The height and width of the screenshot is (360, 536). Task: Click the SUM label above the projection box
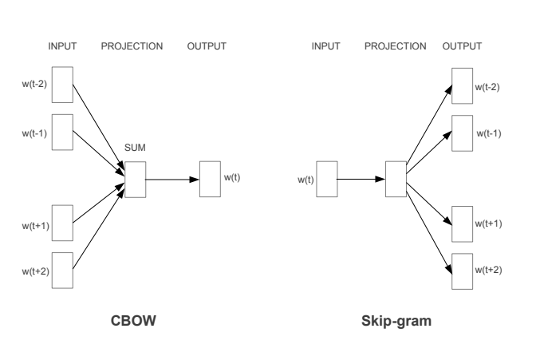135,148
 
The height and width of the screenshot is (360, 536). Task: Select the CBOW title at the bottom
133,321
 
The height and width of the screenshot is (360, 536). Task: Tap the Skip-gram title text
396,322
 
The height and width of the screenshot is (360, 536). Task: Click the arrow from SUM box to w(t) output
172,180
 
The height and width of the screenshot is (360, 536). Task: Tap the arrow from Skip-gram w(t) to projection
361,179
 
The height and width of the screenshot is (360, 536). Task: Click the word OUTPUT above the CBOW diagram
207,46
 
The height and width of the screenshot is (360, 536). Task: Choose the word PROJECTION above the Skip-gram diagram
395,46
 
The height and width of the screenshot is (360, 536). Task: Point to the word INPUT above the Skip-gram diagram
325,46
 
